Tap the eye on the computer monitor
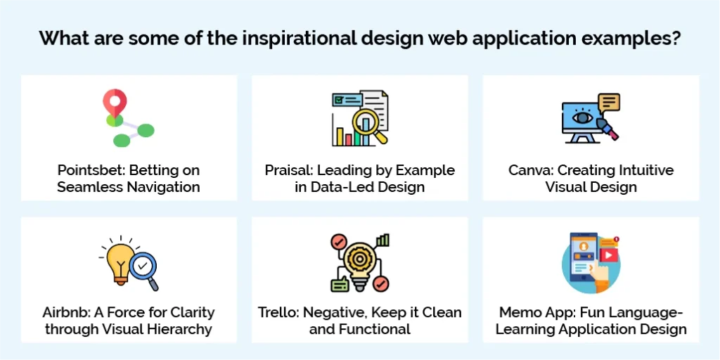click(581, 119)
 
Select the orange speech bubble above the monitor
click(609, 103)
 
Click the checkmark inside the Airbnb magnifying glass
click(143, 266)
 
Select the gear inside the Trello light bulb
click(359, 258)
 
